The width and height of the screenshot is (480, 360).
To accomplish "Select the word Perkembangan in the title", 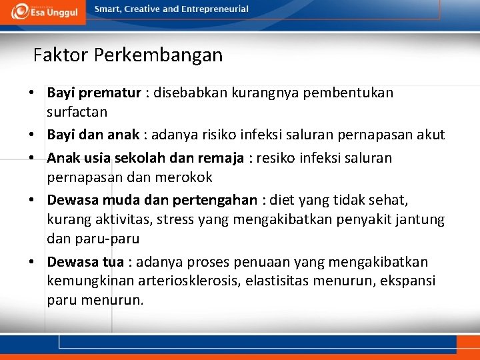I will [158, 55].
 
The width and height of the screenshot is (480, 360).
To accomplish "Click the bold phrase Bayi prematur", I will [94, 93].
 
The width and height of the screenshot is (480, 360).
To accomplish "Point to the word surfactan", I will [77, 111].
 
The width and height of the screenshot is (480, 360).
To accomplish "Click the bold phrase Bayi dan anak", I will [93, 135].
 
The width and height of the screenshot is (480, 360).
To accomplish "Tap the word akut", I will [431, 135].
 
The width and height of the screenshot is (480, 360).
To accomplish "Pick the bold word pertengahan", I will [215, 200].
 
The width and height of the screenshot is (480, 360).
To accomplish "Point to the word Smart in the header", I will [109, 9].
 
